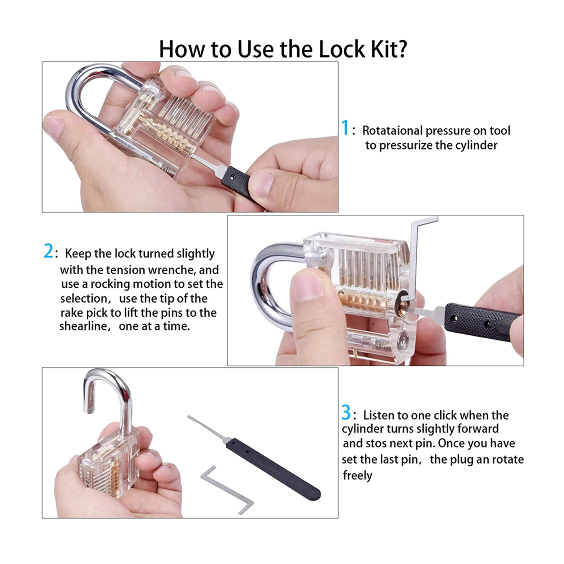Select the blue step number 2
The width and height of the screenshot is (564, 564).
48,251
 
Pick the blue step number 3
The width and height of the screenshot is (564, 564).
346,412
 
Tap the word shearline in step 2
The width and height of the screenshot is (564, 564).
83,326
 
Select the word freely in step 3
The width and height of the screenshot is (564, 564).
357,475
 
